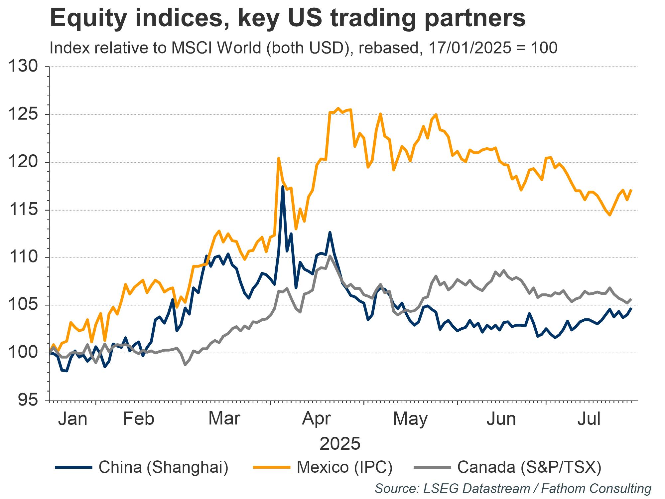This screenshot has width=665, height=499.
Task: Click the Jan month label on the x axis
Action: pyautogui.click(x=72, y=419)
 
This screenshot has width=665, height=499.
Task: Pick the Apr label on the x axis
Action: pyautogui.click(x=316, y=419)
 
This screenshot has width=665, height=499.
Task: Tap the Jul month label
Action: pyautogui.click(x=589, y=419)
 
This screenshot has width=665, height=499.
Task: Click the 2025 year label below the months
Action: pyautogui.click(x=340, y=443)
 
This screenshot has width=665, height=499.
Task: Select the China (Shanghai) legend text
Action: pyautogui.click(x=163, y=467)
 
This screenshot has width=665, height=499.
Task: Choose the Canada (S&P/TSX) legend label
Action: pyautogui.click(x=529, y=467)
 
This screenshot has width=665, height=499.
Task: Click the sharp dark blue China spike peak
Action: pyautogui.click(x=283, y=187)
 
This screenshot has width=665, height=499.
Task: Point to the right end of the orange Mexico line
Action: pyautogui.click(x=631, y=190)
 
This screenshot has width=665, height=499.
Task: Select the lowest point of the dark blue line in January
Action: pyautogui.click(x=66, y=371)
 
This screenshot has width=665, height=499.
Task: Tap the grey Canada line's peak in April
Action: pyautogui.click(x=330, y=256)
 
